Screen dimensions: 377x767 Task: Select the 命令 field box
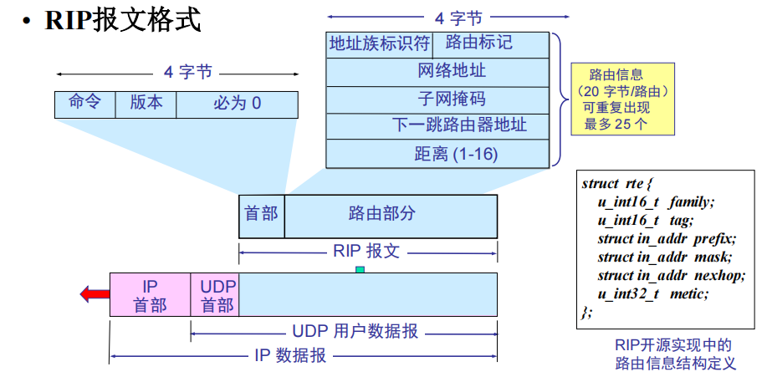click(84, 104)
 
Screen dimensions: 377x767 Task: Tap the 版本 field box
click(146, 104)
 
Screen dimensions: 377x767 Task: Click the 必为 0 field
click(237, 104)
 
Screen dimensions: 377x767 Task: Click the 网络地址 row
click(437, 71)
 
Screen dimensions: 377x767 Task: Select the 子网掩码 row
click(437, 99)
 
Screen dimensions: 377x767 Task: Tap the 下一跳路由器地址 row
click(437, 126)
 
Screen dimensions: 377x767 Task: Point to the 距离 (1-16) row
click(437, 155)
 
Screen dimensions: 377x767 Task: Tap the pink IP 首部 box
click(150, 295)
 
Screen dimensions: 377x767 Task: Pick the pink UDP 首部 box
click(215, 295)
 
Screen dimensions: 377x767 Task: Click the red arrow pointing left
click(95, 293)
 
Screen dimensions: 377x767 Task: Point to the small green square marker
click(360, 269)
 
